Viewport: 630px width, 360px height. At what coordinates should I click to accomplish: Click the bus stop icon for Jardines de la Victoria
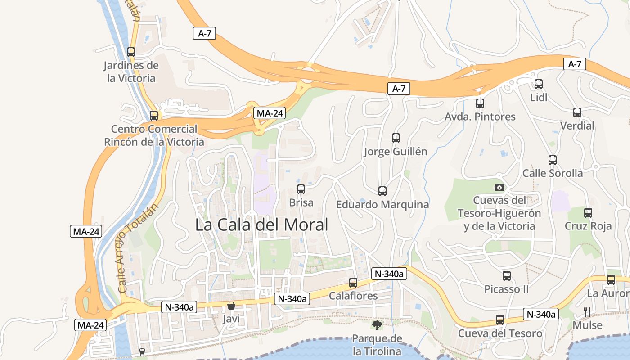pyautogui.click(x=131, y=52)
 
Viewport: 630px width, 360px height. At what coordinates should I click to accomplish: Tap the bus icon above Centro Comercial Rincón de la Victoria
pyautogui.click(x=154, y=116)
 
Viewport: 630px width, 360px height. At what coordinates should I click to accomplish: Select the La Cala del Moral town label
pyautogui.click(x=262, y=225)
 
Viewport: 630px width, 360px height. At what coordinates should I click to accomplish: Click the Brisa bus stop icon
pyautogui.click(x=301, y=189)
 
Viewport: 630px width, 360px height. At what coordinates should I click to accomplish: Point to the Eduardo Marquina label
pyautogui.click(x=382, y=205)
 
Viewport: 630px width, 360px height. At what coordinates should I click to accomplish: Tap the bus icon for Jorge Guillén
pyautogui.click(x=396, y=138)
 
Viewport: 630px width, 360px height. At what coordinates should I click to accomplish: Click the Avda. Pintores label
pyautogui.click(x=480, y=117)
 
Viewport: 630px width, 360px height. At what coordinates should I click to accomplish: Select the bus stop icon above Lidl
pyautogui.click(x=539, y=84)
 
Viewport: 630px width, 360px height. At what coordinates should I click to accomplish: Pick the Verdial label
pyautogui.click(x=577, y=126)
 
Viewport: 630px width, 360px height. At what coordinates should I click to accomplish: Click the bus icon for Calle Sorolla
pyautogui.click(x=553, y=160)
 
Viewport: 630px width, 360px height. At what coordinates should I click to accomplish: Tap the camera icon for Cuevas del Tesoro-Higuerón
pyautogui.click(x=499, y=187)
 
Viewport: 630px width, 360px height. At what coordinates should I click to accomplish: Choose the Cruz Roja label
pyautogui.click(x=588, y=226)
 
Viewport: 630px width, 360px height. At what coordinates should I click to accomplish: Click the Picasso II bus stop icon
pyautogui.click(x=507, y=276)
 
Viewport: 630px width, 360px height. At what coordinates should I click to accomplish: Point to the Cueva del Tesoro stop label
pyautogui.click(x=500, y=333)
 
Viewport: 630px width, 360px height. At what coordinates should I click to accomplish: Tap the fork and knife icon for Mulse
pyautogui.click(x=587, y=311)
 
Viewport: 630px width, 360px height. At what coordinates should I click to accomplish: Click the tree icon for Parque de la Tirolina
pyautogui.click(x=377, y=324)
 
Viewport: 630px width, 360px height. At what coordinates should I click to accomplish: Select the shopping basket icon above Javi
pyautogui.click(x=231, y=306)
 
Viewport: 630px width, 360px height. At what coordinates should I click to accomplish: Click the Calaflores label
pyautogui.click(x=353, y=296)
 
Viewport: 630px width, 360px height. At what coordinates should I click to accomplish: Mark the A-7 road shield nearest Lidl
pyautogui.click(x=575, y=64)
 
